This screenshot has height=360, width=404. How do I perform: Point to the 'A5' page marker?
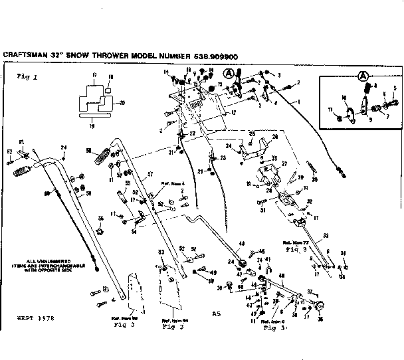coord(215,313)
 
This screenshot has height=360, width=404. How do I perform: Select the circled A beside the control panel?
coord(229,72)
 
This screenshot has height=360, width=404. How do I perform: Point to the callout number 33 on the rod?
coord(326,236)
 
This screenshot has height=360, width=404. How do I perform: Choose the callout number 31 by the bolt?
coord(263,211)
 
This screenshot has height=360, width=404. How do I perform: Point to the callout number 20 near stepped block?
coord(122,102)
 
